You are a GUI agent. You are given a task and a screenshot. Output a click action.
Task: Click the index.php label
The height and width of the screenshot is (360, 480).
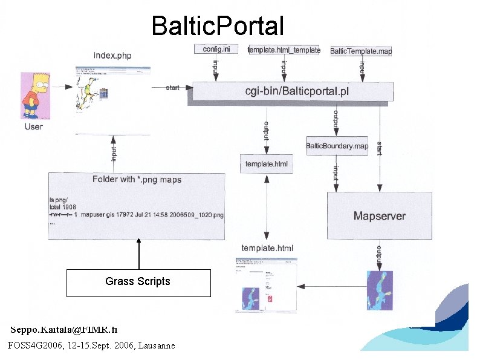112,56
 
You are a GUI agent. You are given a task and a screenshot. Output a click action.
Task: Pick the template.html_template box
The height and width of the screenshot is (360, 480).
284,50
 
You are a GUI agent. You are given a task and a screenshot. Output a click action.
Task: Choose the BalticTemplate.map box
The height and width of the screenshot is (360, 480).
361,51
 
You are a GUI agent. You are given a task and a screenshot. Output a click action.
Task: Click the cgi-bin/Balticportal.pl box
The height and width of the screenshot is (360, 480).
293,91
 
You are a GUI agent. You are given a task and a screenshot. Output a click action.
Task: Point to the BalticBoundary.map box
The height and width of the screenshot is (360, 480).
337,146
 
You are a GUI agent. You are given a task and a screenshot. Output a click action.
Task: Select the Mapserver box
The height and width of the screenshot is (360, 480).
380,215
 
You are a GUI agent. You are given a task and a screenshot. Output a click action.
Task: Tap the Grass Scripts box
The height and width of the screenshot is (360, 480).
138,282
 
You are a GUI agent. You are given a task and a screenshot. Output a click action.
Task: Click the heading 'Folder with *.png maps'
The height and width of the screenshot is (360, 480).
137,179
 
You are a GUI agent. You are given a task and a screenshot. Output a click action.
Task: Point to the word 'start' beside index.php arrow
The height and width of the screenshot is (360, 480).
173,88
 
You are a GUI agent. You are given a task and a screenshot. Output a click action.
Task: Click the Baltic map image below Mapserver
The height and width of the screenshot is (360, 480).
380,290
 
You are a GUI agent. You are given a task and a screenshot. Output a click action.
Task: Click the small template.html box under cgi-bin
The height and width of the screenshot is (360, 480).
267,164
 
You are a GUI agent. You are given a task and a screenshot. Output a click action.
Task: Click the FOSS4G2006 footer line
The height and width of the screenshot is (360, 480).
91,345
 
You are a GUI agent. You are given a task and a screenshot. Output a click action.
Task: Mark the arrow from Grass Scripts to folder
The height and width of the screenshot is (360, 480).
139,254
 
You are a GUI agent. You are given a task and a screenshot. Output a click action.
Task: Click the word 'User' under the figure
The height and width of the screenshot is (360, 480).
34,126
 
